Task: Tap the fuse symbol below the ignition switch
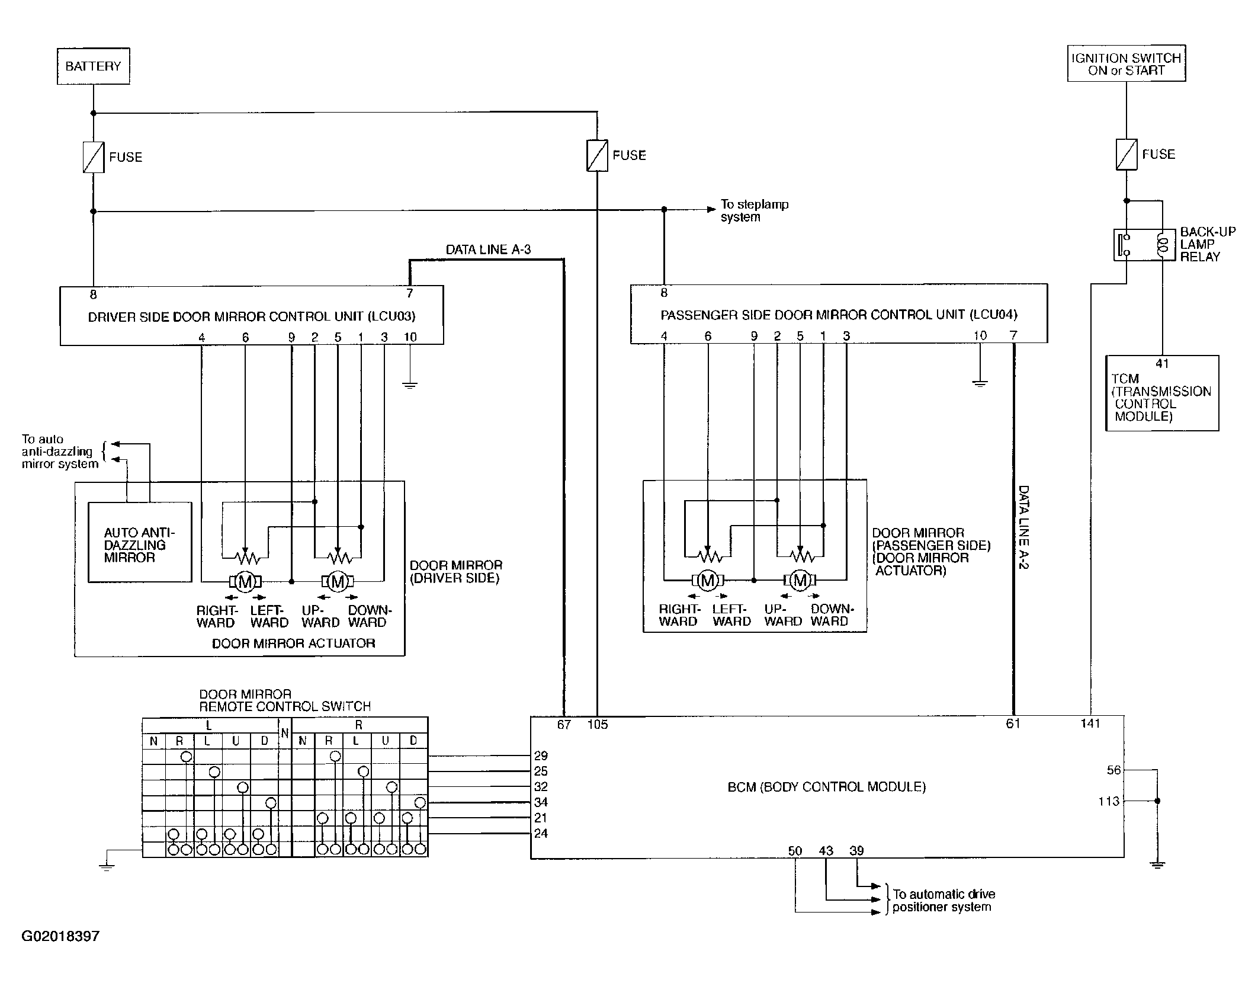coord(1126,154)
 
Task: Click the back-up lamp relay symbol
coord(1144,245)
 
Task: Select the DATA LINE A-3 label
coord(488,249)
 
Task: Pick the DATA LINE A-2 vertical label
coord(1023,527)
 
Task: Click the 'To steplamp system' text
coord(755,210)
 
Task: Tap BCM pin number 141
coord(1090,723)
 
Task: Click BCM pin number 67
coord(563,724)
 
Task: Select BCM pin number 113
coord(1109,801)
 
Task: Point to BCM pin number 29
coord(541,755)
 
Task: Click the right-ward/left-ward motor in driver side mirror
coord(245,582)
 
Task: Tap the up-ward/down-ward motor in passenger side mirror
coord(800,581)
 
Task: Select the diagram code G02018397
coord(60,936)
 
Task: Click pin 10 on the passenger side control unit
coord(980,335)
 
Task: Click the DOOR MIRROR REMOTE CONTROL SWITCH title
coord(284,700)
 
